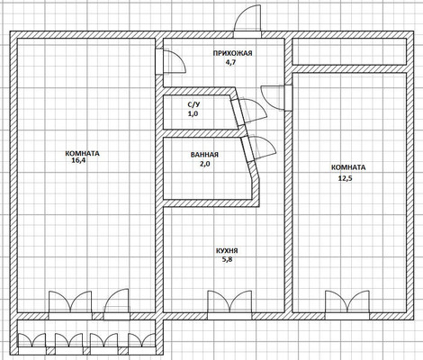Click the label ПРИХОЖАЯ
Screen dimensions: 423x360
[232, 53]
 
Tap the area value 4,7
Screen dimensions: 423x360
[231, 63]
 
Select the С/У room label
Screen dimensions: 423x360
[193, 104]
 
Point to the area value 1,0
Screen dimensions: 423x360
[193, 113]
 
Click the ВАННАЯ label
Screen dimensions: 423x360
[204, 155]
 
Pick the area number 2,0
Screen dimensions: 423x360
[204, 164]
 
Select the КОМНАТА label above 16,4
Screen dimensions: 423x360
[82, 154]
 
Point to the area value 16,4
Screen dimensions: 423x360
[78, 160]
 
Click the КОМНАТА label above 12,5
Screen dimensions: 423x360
[348, 167]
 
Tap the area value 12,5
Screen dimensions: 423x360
[345, 178]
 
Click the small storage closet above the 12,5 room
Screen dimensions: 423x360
[349, 51]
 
